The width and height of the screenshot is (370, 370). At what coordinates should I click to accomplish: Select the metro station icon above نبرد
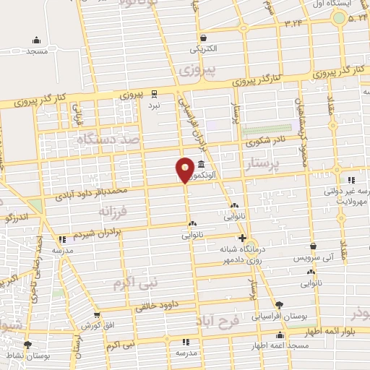tap(153, 93)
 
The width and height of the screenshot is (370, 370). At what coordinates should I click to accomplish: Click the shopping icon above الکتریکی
tap(205, 38)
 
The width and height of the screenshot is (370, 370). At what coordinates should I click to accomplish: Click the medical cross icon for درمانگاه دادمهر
tap(242, 238)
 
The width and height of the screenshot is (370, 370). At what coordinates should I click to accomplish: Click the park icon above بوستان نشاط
tap(27, 344)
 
